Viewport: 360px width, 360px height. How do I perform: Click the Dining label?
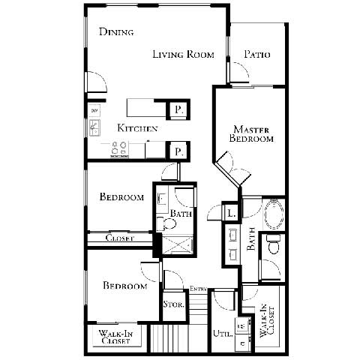click(x=116, y=32)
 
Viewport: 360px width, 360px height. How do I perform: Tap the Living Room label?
click(x=184, y=54)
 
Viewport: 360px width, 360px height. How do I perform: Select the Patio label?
click(x=257, y=55)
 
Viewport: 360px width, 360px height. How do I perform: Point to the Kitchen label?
click(x=137, y=129)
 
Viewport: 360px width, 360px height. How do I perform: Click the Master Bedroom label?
click(x=251, y=133)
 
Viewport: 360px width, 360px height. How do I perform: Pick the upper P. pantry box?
click(x=178, y=109)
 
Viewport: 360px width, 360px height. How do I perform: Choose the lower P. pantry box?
click(x=178, y=151)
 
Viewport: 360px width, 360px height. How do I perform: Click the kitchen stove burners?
click(x=119, y=149)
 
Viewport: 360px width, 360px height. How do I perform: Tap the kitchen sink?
click(x=95, y=128)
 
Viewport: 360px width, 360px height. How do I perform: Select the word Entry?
click(x=198, y=289)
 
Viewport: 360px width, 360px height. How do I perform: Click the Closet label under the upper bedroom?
click(x=120, y=238)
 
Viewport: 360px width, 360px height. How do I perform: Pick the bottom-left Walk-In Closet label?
click(x=115, y=337)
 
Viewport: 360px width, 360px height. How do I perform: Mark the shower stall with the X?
click(x=178, y=245)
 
